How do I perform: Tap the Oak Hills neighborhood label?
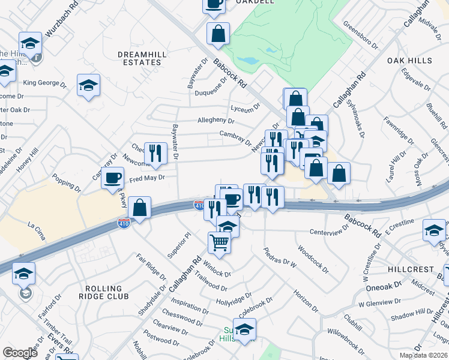click(x=409, y=61)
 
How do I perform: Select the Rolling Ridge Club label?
click(x=104, y=292)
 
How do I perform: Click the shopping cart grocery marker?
click(x=220, y=243)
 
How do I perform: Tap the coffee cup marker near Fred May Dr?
click(x=112, y=178)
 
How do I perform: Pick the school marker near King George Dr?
click(x=88, y=85)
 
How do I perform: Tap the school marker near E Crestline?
click(x=434, y=231)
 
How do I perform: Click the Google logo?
click(x=20, y=353)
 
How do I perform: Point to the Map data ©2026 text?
click(x=424, y=355)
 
